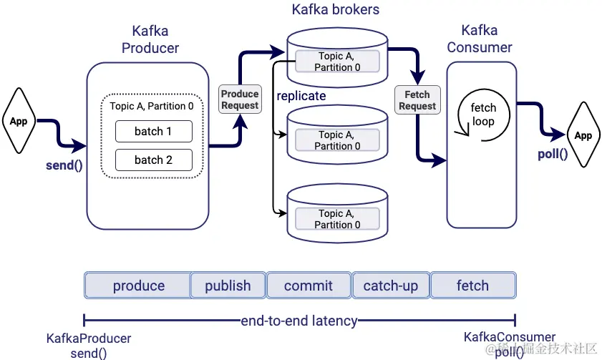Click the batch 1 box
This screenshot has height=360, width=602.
click(x=153, y=132)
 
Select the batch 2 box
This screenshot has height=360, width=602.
click(x=153, y=160)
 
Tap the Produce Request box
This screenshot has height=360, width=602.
click(x=240, y=99)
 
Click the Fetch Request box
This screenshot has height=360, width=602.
click(x=417, y=100)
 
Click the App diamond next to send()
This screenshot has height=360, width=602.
click(x=19, y=121)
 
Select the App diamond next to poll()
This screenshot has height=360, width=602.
click(x=583, y=135)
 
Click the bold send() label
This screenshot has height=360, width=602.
click(x=63, y=166)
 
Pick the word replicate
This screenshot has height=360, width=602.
click(x=301, y=95)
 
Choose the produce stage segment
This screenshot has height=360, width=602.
click(x=138, y=286)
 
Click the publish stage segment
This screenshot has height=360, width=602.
click(x=228, y=286)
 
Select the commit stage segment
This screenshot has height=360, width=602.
click(x=309, y=286)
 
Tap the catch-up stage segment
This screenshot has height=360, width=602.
click(x=391, y=286)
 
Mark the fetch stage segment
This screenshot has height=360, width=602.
click(x=472, y=286)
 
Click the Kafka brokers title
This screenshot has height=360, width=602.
click(x=336, y=10)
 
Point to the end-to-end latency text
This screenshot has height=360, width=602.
click(x=298, y=321)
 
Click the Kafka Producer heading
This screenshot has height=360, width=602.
click(x=150, y=39)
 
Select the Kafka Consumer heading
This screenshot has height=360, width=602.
click(x=480, y=39)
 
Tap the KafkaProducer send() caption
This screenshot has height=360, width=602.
click(x=89, y=345)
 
